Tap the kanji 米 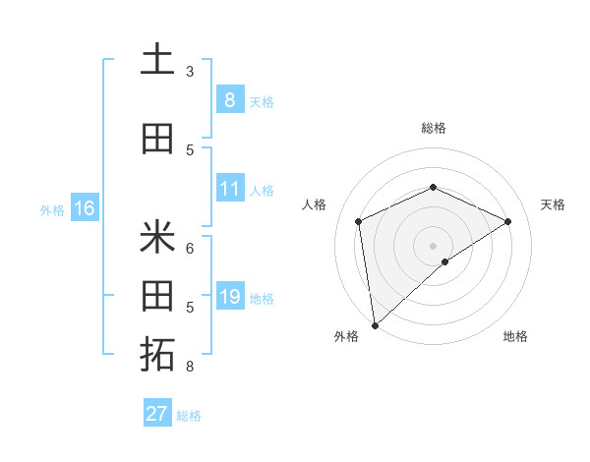[157, 237]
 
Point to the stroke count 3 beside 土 [190, 72]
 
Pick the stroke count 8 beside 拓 [190, 367]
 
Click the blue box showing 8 [229, 99]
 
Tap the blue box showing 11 [229, 189]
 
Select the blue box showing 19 [229, 297]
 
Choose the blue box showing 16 [85, 208]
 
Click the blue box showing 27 [157, 414]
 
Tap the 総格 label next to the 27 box [189, 416]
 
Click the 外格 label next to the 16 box [52, 209]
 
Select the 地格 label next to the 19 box [262, 299]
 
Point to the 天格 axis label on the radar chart [553, 204]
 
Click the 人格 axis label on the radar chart [314, 204]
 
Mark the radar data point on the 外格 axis [374, 324]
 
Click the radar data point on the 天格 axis [507, 221]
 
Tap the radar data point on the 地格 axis [445, 261]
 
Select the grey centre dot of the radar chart [433, 245]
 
